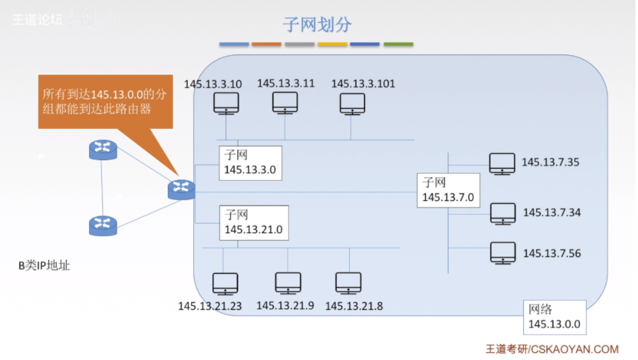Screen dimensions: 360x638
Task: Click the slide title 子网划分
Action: point(318,24)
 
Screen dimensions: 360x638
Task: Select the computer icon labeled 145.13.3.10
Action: point(225,103)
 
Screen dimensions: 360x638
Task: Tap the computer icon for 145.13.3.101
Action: point(352,103)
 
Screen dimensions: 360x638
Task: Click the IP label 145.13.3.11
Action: point(286,83)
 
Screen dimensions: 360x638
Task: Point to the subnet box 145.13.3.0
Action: point(250,163)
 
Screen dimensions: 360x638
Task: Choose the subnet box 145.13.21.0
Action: point(254,222)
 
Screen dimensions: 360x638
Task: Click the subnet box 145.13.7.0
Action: point(448,190)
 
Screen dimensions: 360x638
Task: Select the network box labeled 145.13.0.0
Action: point(554,316)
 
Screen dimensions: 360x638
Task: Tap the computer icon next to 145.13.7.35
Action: point(502,163)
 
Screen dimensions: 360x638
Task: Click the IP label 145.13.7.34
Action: point(552,212)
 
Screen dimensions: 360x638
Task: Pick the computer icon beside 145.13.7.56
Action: point(503,252)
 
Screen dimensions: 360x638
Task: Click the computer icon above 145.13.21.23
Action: point(225,283)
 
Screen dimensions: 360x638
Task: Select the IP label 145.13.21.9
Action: point(285,306)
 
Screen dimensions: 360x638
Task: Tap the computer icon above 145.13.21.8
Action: point(348,282)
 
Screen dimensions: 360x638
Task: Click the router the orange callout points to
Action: point(181,189)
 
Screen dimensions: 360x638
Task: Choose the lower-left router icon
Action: point(102,225)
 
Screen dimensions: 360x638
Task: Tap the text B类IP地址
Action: point(44,265)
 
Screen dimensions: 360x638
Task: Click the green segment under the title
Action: point(398,45)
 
